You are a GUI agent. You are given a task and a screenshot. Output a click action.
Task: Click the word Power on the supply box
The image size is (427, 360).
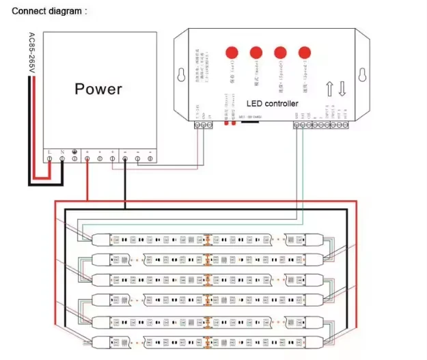[x=98, y=89]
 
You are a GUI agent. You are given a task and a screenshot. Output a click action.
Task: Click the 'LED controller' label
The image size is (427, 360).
[x=272, y=103]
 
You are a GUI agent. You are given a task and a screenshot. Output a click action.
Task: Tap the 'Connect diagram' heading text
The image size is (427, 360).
[x=50, y=11]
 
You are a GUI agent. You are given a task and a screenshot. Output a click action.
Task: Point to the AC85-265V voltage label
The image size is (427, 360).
[x=33, y=55]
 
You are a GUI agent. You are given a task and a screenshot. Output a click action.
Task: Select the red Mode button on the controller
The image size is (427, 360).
[x=256, y=52]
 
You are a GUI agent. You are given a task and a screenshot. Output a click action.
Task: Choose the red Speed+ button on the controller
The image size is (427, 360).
[x=279, y=52]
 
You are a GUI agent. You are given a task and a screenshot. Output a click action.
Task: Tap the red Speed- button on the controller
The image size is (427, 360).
[x=303, y=52]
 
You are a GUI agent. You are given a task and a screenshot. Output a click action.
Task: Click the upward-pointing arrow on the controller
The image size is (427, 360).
[x=330, y=89]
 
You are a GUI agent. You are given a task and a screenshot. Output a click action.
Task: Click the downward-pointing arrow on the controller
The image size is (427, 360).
[x=342, y=89]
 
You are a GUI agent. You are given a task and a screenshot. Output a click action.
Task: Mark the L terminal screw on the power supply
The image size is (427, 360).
[x=50, y=159]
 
